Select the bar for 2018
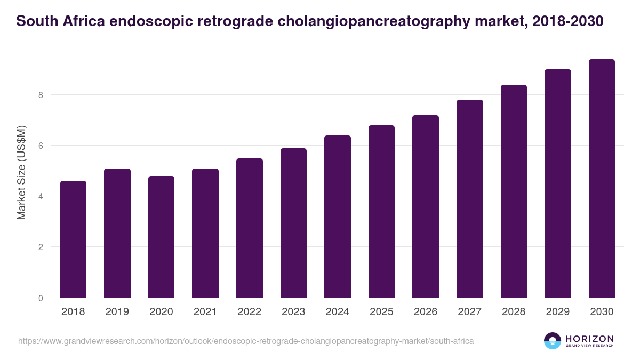(73, 239)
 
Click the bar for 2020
(161, 237)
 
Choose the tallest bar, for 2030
(602, 179)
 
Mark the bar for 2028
(514, 191)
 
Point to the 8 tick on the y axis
(40, 95)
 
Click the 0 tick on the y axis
(40, 298)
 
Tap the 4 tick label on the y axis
(40, 196)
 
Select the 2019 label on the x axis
(117, 312)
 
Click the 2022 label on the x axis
(249, 312)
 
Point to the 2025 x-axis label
(381, 312)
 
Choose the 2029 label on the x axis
(557, 312)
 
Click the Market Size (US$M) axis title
(21, 172)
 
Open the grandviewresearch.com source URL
(246, 341)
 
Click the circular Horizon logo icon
(552, 341)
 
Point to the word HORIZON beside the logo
(589, 338)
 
